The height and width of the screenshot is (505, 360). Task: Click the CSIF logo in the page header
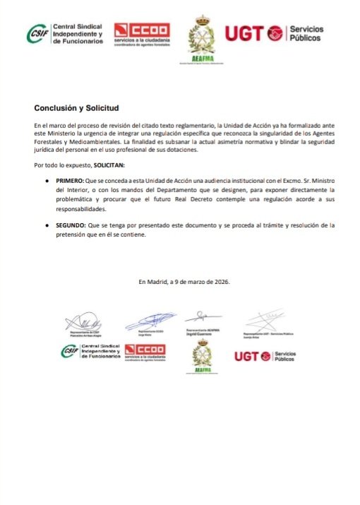(x=64, y=32)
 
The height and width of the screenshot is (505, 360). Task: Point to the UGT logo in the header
(x=273, y=32)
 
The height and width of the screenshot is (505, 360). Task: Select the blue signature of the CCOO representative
(x=150, y=319)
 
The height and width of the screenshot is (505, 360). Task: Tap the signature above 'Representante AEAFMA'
(x=201, y=315)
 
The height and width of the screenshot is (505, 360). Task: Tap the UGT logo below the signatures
(x=264, y=355)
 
